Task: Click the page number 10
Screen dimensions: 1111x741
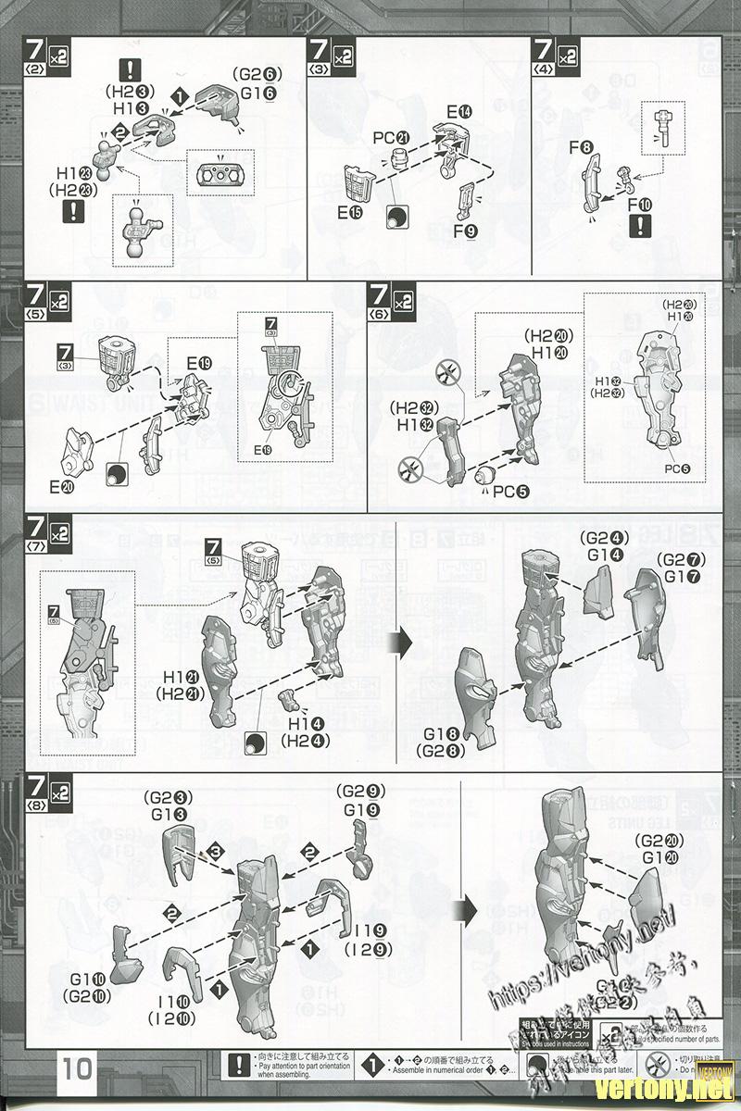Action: point(77,1070)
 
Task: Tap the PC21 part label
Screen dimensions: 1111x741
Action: point(390,138)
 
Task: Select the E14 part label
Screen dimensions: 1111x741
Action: point(458,112)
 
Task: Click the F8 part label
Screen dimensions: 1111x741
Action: point(581,148)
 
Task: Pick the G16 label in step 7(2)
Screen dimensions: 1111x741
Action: point(260,94)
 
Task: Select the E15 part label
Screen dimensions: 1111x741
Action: point(349,213)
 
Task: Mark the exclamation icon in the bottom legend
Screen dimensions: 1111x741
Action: point(240,1064)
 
